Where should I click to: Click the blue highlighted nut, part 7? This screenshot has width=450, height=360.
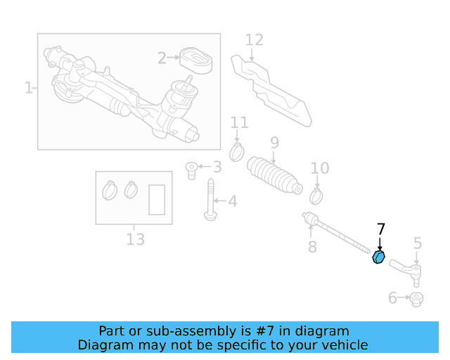point(378,258)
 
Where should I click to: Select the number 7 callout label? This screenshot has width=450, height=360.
point(381,229)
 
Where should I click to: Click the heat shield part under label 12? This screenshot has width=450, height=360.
point(274,89)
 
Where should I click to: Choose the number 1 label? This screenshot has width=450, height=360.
point(29,88)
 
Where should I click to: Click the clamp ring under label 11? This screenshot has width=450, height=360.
point(238,150)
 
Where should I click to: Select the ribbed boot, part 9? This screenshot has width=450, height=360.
point(275,175)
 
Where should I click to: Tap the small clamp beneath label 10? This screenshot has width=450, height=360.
point(316,191)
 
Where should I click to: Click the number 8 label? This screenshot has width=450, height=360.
point(312,247)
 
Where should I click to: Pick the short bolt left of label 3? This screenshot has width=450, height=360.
point(191,169)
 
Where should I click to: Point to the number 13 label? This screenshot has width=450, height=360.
point(135,240)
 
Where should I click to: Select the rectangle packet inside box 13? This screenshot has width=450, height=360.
point(157,198)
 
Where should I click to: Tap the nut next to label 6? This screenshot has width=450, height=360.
point(416,300)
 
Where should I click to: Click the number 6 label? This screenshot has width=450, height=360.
point(392,299)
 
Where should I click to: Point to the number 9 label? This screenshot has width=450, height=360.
point(274,143)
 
